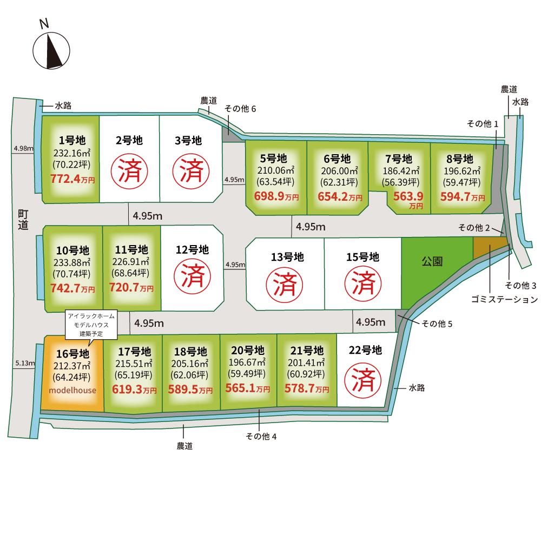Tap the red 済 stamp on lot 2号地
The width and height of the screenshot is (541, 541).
129,171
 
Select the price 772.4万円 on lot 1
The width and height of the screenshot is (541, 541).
72,179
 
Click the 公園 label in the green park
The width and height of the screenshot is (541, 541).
432,261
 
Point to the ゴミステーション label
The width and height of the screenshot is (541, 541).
504,299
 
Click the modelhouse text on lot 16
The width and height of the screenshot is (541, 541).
72,390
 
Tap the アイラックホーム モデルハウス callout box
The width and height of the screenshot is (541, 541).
91,325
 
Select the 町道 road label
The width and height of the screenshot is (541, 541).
23,220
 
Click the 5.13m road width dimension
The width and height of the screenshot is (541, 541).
25,363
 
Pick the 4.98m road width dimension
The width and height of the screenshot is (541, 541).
23,148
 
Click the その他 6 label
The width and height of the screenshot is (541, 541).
240,109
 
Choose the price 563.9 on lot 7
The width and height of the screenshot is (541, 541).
408,196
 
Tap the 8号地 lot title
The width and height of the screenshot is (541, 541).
459,159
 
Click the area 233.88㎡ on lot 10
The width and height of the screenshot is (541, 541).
72,262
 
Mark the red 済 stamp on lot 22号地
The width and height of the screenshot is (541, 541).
363,380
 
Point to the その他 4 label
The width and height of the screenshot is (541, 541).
261,437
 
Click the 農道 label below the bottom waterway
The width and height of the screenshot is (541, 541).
184,446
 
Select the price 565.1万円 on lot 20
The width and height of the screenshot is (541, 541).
248,388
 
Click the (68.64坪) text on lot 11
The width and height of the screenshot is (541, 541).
130,273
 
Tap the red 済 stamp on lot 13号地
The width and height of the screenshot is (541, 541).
285,285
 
